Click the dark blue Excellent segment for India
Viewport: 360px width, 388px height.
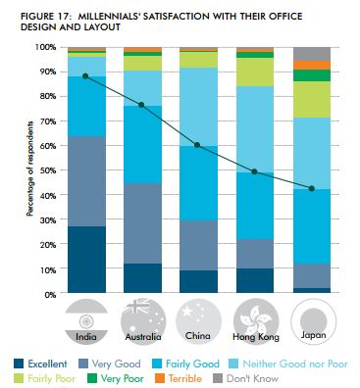point(86,260)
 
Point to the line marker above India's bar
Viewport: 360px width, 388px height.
point(86,75)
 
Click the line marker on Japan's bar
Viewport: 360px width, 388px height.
point(311,188)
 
